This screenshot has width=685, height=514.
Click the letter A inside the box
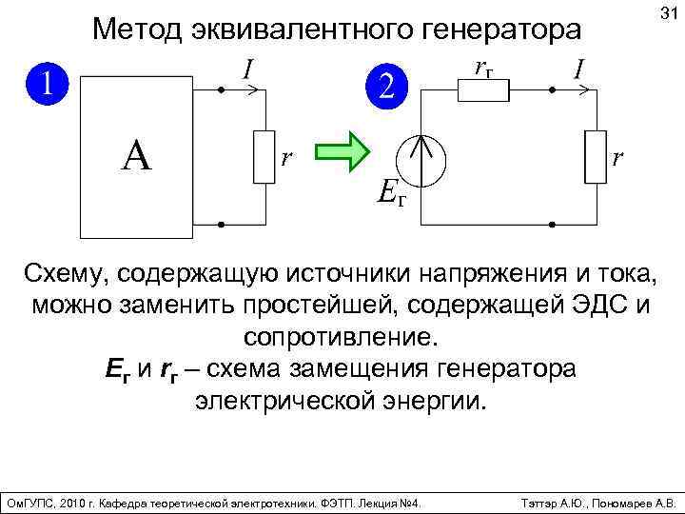click(136, 156)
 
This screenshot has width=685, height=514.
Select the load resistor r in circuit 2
click(597, 155)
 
